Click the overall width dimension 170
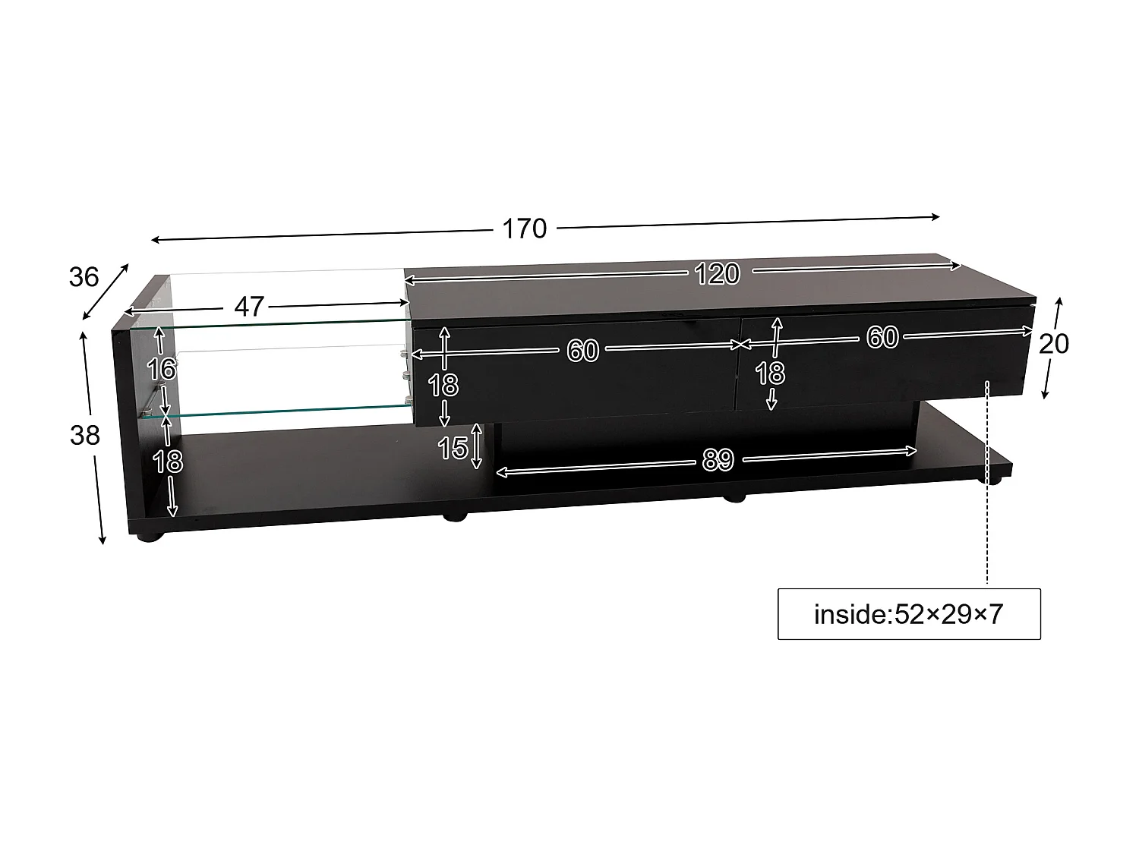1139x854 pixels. tap(524, 228)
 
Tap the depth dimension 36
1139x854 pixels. tap(84, 277)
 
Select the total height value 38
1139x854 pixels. tap(84, 435)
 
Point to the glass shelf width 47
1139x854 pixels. tap(249, 306)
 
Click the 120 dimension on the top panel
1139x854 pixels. tap(717, 273)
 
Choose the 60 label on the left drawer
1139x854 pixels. tap(582, 351)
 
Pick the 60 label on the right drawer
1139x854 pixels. tap(882, 337)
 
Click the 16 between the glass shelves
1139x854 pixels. tap(161, 370)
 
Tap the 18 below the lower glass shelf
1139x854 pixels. tap(168, 461)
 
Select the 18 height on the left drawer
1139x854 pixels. tap(443, 386)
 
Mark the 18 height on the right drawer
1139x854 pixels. tap(770, 373)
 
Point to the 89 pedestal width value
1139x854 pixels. tap(717, 459)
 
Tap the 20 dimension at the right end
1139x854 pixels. tap(1054, 344)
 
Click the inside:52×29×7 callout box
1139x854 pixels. tap(909, 613)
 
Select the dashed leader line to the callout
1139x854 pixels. tap(987, 493)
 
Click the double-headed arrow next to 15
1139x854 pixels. tap(477, 446)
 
